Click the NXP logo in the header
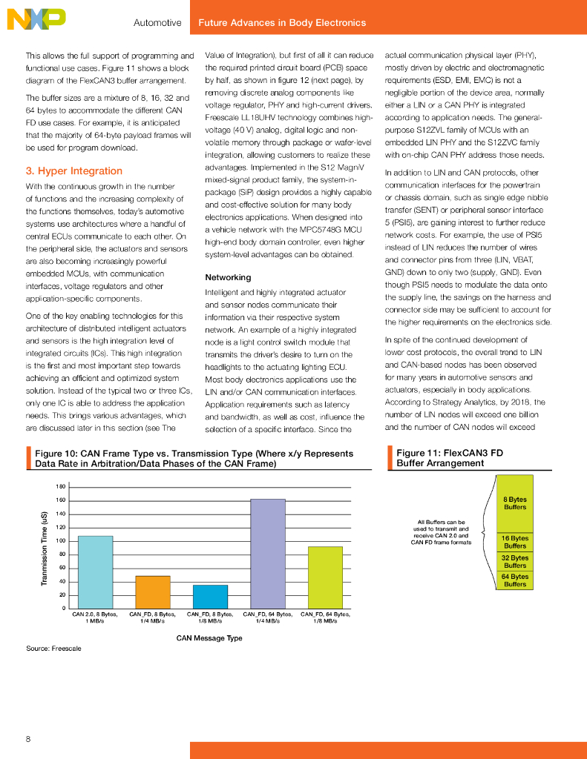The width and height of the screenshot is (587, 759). (36, 19)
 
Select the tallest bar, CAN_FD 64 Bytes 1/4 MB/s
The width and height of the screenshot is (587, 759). (268, 553)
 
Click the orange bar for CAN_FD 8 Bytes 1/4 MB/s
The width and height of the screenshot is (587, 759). (152, 591)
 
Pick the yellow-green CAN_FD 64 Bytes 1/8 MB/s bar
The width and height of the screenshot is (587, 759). (324, 577)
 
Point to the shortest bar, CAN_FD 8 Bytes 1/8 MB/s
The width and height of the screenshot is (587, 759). (210, 596)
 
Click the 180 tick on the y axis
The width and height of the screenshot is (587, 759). (60, 486)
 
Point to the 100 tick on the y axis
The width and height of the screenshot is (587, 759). (60, 541)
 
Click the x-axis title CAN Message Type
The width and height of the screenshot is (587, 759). (209, 637)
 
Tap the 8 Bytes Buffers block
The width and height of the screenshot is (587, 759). (515, 503)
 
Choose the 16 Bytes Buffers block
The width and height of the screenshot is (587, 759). (515, 542)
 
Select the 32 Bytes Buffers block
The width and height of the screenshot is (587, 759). (515, 561)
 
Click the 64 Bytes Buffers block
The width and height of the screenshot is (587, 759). (515, 580)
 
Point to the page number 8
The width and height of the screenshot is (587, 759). (28, 738)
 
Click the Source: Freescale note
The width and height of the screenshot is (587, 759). (53, 649)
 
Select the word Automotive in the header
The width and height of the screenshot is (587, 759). (157, 23)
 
